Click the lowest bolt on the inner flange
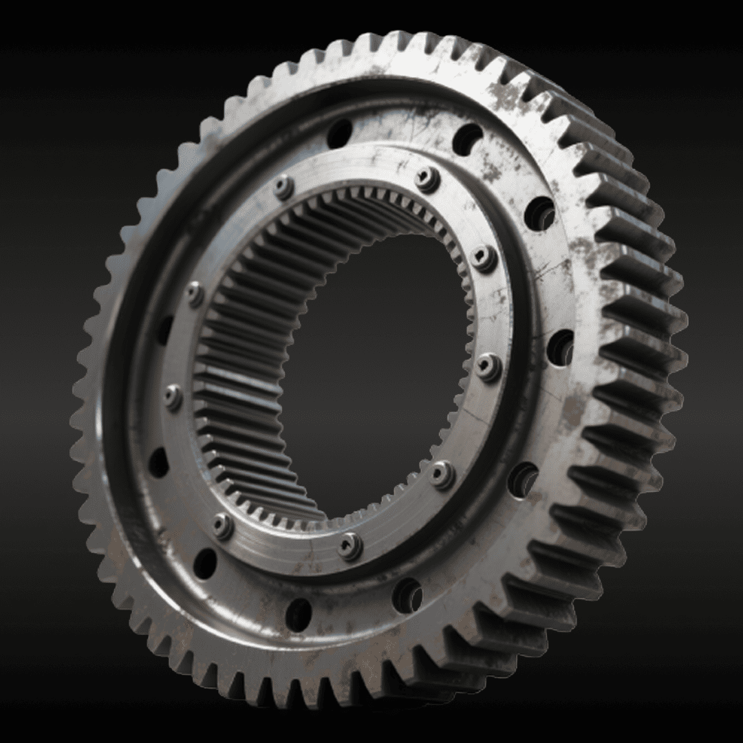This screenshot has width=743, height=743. click(350, 546)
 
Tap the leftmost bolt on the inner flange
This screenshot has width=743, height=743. click(173, 397)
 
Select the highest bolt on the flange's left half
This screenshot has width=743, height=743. click(283, 186)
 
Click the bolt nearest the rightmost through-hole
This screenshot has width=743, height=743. click(487, 367)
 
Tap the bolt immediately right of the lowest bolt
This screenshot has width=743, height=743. click(442, 474)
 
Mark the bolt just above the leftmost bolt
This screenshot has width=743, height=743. click(195, 294)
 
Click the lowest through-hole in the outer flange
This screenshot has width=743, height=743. click(299, 614)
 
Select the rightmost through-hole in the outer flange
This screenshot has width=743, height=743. click(561, 348)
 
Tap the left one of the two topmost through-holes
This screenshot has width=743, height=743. click(339, 133)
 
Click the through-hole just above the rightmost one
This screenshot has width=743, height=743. click(540, 214)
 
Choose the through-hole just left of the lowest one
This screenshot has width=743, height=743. click(205, 563)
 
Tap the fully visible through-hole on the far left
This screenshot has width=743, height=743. click(159, 462)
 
